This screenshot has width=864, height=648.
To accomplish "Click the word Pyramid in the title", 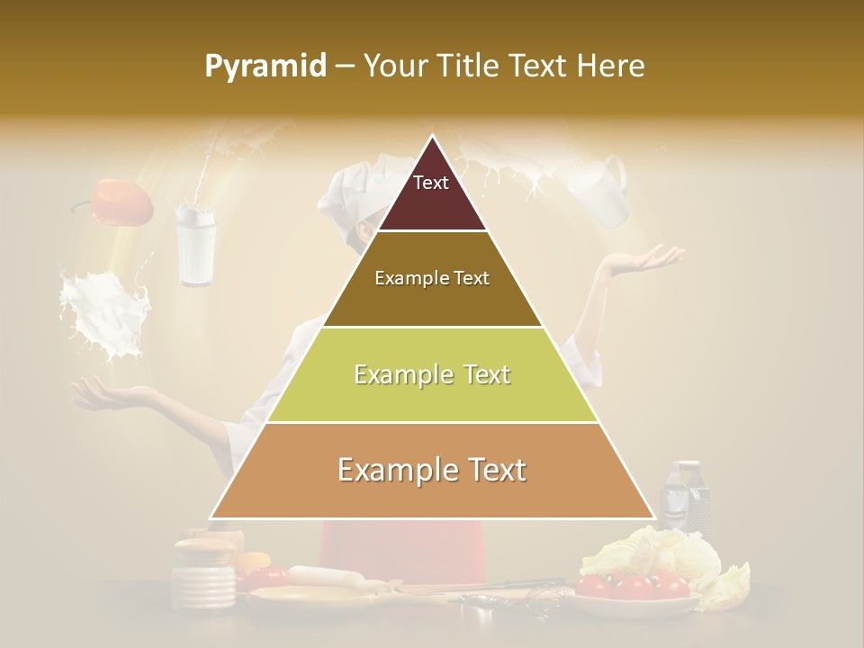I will pyautogui.click(x=265, y=67).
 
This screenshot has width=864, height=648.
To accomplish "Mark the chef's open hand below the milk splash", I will pyautogui.click(x=112, y=392).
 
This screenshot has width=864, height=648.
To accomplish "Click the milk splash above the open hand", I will pyautogui.click(x=103, y=315).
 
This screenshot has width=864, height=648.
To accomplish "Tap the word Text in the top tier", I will pyautogui.click(x=430, y=183).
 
